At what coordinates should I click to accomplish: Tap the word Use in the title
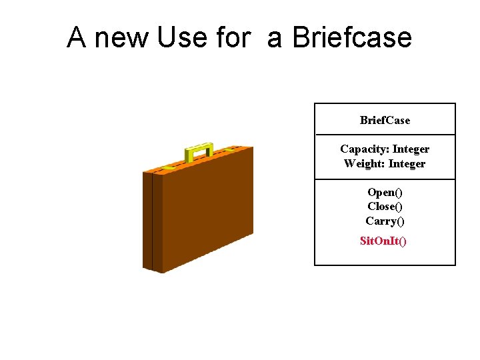[183, 38]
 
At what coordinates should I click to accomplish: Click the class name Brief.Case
[385, 120]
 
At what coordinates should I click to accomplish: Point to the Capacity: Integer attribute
[385, 149]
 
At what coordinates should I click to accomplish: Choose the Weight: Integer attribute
[385, 163]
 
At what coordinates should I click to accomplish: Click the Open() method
[385, 192]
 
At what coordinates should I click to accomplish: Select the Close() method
[385, 206]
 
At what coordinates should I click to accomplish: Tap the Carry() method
[385, 221]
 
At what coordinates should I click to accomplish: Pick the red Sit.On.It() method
[383, 240]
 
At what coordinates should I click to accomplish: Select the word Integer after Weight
[407, 163]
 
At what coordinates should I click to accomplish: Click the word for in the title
[233, 38]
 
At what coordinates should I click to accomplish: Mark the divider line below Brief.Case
[385, 135]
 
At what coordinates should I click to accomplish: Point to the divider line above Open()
[385, 179]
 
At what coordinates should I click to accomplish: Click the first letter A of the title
[77, 38]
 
